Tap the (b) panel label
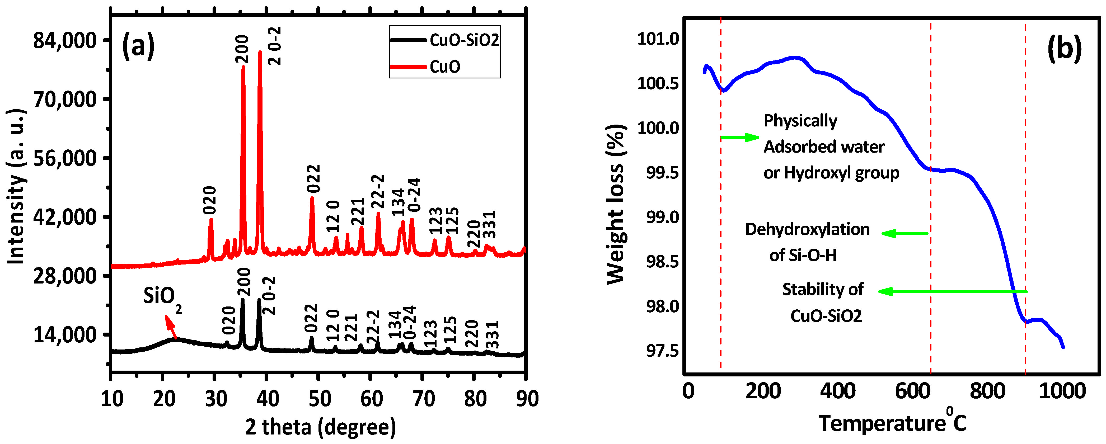1064,48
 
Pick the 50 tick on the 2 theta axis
320,399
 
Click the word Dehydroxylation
807,229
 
